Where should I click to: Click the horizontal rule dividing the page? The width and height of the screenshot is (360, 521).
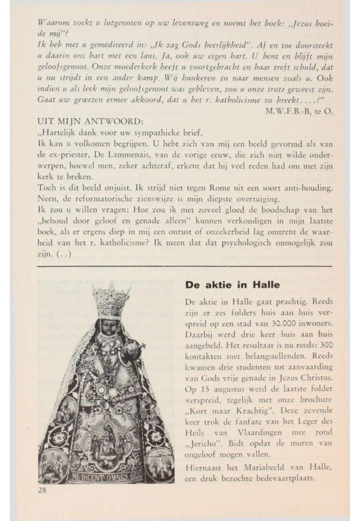coord(184,266)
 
